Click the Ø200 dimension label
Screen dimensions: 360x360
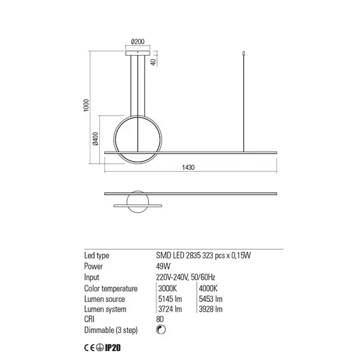pyautogui.click(x=138, y=42)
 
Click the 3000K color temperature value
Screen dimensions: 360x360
pyautogui.click(x=167, y=288)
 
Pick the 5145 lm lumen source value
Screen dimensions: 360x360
pyautogui.click(x=169, y=299)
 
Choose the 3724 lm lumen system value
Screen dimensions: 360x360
pyautogui.click(x=169, y=309)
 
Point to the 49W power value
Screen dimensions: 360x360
pyautogui.click(x=164, y=267)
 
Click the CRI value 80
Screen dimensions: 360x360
pyautogui.click(x=160, y=320)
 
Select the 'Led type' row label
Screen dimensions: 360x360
pyautogui.click(x=97, y=256)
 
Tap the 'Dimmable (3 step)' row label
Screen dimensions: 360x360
pyautogui.click(x=111, y=330)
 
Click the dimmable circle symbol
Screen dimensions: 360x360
pyautogui.click(x=160, y=330)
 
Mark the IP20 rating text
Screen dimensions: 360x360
pyautogui.click(x=113, y=348)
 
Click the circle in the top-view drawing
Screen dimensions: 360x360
pyautogui.click(x=138, y=203)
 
